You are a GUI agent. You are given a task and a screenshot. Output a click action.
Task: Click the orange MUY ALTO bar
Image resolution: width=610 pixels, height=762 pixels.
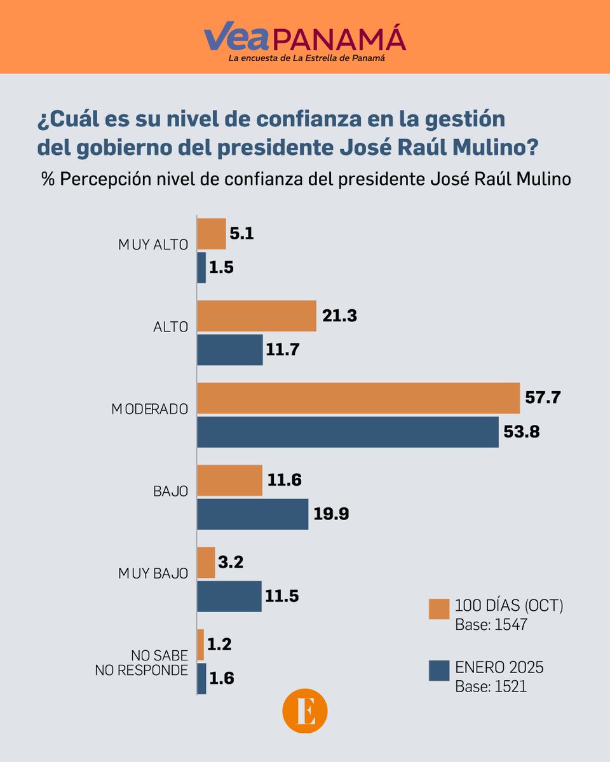point(212,234)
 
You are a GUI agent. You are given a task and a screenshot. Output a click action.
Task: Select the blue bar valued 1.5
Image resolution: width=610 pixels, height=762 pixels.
point(201,268)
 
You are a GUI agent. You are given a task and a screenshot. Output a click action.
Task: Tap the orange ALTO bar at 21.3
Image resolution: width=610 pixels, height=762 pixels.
point(257,316)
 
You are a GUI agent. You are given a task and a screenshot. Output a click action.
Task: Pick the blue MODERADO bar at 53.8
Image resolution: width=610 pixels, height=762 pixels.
point(348,432)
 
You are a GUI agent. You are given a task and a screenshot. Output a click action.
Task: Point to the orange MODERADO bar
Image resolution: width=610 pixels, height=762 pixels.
point(358,398)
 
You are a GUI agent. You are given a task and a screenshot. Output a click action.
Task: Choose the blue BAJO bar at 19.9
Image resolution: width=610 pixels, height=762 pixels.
point(252,514)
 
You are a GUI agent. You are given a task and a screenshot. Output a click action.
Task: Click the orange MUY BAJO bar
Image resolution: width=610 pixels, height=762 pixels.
point(206,563)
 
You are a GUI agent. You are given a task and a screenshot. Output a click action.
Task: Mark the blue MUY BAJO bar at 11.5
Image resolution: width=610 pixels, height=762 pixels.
point(229,596)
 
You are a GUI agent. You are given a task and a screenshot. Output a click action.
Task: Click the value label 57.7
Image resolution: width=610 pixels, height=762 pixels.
point(543,398)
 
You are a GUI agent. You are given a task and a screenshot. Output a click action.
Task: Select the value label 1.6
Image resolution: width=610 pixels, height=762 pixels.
point(222,678)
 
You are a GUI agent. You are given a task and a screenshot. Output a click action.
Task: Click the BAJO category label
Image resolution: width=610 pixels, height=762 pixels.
point(170,491)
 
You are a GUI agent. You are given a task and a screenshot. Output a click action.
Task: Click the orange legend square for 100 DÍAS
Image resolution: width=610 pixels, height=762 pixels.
point(439,608)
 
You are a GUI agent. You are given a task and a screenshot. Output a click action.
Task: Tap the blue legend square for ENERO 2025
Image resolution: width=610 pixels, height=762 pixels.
point(439,670)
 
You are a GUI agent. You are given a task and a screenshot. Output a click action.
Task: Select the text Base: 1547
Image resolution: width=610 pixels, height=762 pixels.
point(491,625)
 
